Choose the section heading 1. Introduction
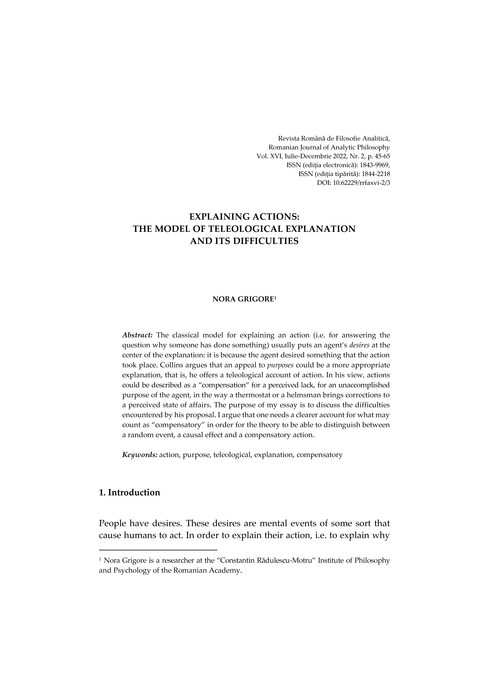pos(130,493)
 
